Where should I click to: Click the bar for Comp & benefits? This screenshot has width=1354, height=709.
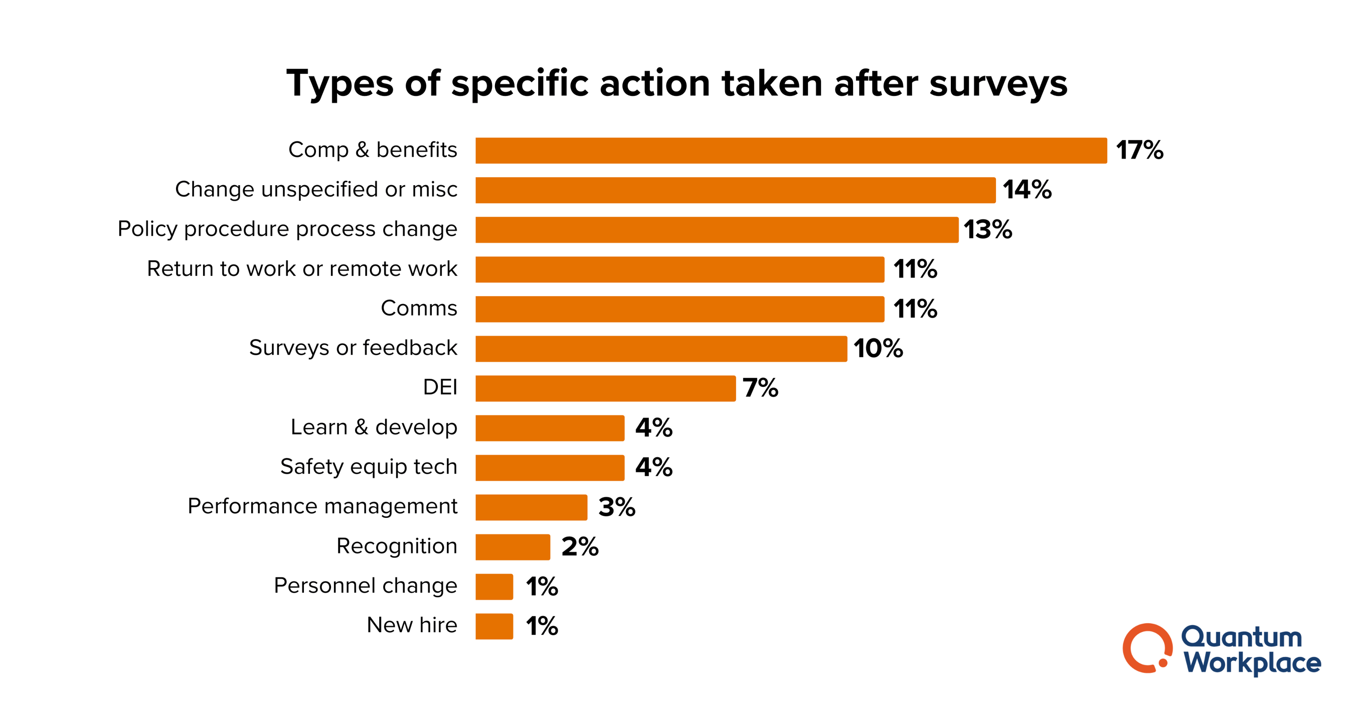pyautogui.click(x=790, y=151)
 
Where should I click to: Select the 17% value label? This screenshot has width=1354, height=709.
pyautogui.click(x=1139, y=151)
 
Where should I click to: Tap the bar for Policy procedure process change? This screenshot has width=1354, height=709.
pyautogui.click(x=717, y=230)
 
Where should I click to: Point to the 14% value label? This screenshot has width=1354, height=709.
pyautogui.click(x=1027, y=190)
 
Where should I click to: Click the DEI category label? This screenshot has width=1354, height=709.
pyautogui.click(x=440, y=388)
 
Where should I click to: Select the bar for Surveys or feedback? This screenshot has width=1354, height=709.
pyautogui.click(x=661, y=349)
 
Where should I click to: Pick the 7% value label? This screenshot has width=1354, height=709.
pyautogui.click(x=760, y=388)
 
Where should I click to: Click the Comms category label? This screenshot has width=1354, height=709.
pyautogui.click(x=419, y=308)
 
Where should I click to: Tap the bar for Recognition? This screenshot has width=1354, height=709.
pyautogui.click(x=513, y=547)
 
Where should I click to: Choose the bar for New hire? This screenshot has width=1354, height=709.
pyautogui.click(x=494, y=626)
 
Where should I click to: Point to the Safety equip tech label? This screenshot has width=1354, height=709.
pyautogui.click(x=369, y=467)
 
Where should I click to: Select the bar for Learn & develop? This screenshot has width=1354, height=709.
pyautogui.click(x=550, y=428)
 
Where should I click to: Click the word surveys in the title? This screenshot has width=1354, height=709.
pyautogui.click(x=998, y=84)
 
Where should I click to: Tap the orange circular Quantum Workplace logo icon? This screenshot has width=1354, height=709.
pyautogui.click(x=1147, y=648)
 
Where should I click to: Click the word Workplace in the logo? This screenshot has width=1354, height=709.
pyautogui.click(x=1252, y=663)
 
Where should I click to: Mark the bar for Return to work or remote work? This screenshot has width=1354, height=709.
pyautogui.click(x=680, y=269)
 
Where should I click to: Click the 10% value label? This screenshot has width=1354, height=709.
pyautogui.click(x=878, y=349)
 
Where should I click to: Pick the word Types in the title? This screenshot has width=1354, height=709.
pyautogui.click(x=340, y=84)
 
